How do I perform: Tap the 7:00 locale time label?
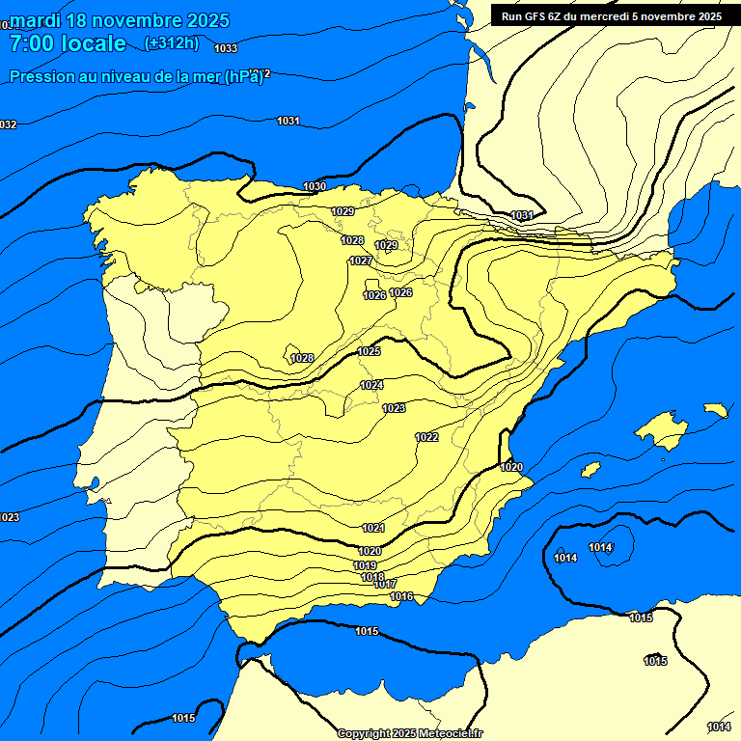tap(68, 43)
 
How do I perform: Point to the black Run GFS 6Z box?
tap(611, 15)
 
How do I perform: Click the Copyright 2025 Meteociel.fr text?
tap(409, 734)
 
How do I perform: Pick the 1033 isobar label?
tap(226, 48)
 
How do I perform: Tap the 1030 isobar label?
tap(315, 186)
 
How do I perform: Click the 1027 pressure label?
tap(361, 261)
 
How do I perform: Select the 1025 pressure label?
tap(369, 351)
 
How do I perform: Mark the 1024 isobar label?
tap(371, 385)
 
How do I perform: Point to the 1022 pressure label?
tap(426, 437)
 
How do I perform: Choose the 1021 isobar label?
tap(373, 528)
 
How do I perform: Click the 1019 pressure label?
tap(365, 565)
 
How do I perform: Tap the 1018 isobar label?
tap(372, 577)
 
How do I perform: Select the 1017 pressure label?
tap(385, 585)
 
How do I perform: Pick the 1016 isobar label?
tap(401, 596)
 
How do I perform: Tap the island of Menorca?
tap(715, 410)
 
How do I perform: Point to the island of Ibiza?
tap(590, 469)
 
